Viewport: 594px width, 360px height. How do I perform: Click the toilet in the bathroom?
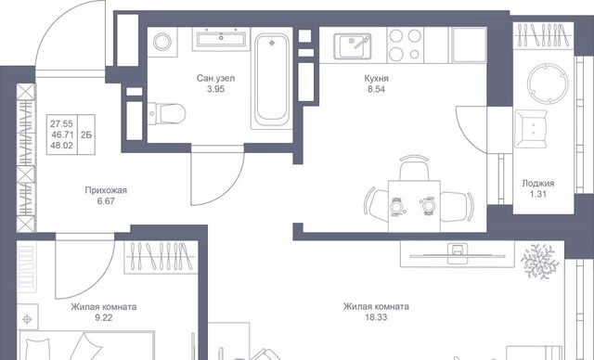pyautogui.click(x=167, y=113)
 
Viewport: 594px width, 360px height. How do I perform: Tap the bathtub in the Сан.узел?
pyautogui.click(x=271, y=81)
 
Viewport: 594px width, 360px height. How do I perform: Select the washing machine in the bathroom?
pyautogui.click(x=161, y=42)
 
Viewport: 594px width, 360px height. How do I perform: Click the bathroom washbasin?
pyautogui.click(x=221, y=39)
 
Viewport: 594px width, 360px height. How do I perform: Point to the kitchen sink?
pyautogui.click(x=353, y=46)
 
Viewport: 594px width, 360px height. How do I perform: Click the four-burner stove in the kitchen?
pyautogui.click(x=405, y=45)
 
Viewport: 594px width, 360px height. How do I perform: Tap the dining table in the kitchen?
pyautogui.click(x=414, y=206)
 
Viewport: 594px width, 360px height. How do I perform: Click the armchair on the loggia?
pyautogui.click(x=531, y=129)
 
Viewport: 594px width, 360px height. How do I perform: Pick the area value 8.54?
pyautogui.click(x=375, y=89)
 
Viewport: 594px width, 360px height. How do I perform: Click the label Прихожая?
pyautogui.click(x=106, y=190)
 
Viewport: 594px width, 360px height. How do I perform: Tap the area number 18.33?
pyautogui.click(x=376, y=317)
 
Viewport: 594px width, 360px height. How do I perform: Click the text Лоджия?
pyautogui.click(x=538, y=184)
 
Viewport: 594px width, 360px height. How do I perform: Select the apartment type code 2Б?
pyautogui.click(x=86, y=135)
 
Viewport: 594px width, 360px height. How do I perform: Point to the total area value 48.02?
pyautogui.click(x=61, y=146)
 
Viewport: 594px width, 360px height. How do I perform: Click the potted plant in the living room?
pyautogui.click(x=540, y=262)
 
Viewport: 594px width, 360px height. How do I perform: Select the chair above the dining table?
pyautogui.click(x=414, y=168)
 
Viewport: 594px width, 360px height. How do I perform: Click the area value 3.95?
pyautogui.click(x=215, y=89)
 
